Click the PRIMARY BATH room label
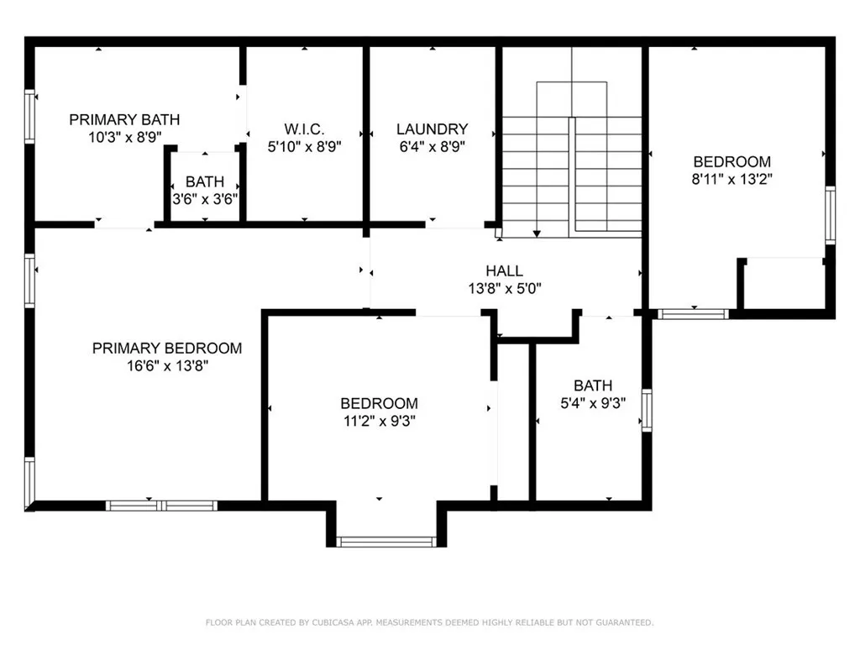coord(124,119)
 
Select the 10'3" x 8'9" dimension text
coord(124,136)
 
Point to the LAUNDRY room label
coord(432,128)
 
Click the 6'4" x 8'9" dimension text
coord(432,145)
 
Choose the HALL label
coord(504,270)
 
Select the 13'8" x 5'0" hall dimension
coord(504,288)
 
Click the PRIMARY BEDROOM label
coord(167,348)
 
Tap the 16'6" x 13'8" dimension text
coord(167,365)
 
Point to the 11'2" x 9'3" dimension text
coord(379,421)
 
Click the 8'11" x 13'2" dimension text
coord(732,179)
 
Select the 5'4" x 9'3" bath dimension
coord(593,403)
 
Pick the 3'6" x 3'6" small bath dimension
coord(205,199)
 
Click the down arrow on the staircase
coord(537,233)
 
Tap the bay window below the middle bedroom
coord(386,542)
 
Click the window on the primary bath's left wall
coord(30,118)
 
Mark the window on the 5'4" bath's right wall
coord(646,411)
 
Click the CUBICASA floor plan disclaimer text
coord(429,622)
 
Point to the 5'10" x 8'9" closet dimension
coord(304,145)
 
